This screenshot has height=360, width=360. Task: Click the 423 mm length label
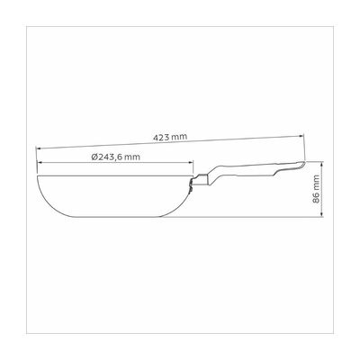[170, 137]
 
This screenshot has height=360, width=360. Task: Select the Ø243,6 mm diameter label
[115, 157]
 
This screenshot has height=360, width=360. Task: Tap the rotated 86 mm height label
[316, 189]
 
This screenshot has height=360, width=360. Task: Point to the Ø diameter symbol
[94, 157]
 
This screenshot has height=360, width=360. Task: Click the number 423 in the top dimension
[160, 138]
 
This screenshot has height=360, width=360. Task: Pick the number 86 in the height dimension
[316, 198]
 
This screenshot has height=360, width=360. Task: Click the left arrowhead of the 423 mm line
[38, 148]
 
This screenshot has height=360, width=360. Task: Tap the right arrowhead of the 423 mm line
[302, 136]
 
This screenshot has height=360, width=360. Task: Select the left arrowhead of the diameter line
[39, 162]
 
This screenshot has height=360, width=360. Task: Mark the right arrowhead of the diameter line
[192, 162]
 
